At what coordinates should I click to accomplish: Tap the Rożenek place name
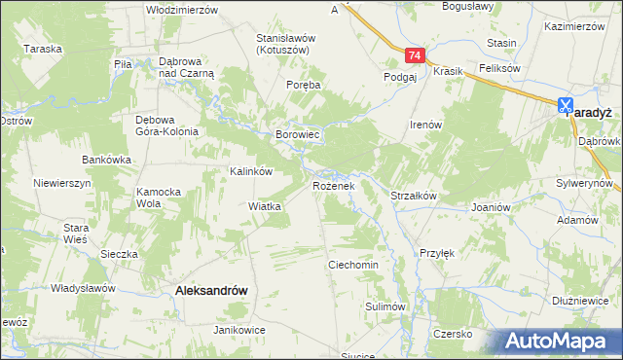tap(338, 185)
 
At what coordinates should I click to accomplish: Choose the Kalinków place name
tap(249, 170)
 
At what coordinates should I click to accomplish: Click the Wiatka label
tap(265, 206)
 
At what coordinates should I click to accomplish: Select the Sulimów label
tap(385, 306)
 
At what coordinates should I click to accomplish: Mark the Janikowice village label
tap(239, 330)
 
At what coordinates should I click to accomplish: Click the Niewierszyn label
tap(61, 183)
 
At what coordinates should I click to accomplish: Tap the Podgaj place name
tap(400, 76)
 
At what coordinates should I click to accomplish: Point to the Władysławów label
tap(84, 288)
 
